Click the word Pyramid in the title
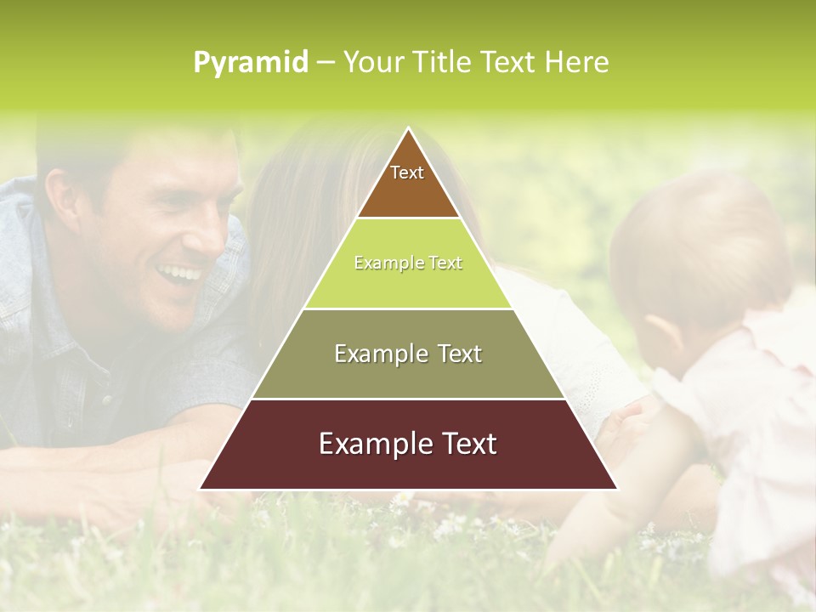[x=251, y=63]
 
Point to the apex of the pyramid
[x=408, y=129]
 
